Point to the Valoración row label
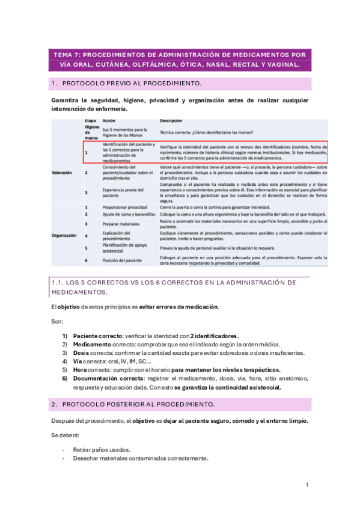(x=63, y=172)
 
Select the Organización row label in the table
(x=66, y=236)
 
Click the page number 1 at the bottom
(x=307, y=485)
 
